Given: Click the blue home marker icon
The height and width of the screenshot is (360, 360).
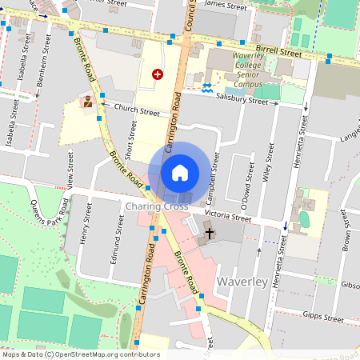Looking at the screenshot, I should pyautogui.click(x=180, y=172).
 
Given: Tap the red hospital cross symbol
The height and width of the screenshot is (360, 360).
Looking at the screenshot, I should pyautogui.click(x=158, y=74).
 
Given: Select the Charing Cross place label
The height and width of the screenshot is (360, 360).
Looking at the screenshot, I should pyautogui.click(x=157, y=206).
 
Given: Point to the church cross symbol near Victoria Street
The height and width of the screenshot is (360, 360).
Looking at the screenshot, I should pyautogui.click(x=210, y=234).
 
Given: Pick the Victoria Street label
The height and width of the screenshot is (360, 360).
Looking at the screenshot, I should pyautogui.click(x=228, y=217).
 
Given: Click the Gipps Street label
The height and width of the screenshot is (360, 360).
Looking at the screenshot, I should pyautogui.click(x=323, y=318).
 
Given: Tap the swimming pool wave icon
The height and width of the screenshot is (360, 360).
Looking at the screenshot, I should pyautogui.click(x=207, y=89).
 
